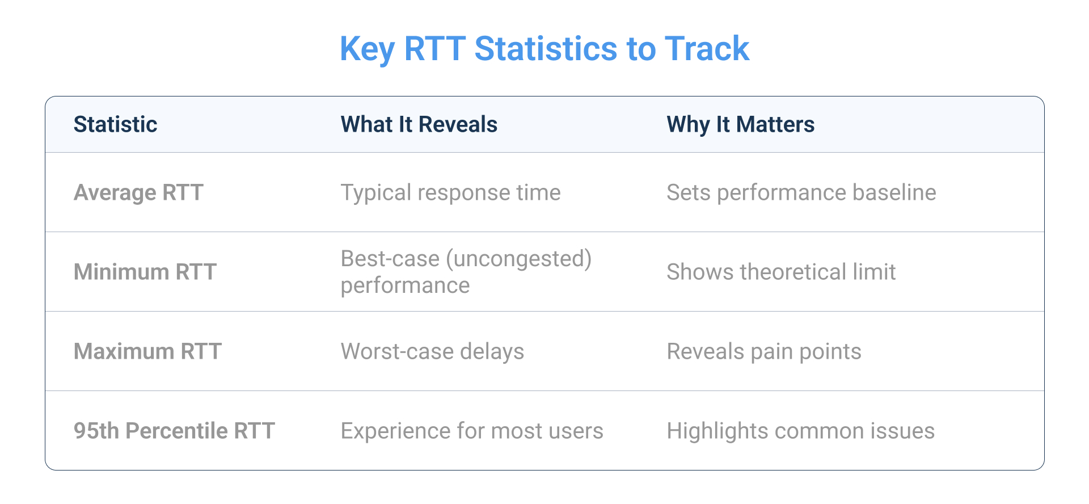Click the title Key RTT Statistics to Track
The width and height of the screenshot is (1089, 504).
point(544,49)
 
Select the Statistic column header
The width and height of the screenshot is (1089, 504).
point(115,124)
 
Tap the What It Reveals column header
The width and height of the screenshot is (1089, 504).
point(419,124)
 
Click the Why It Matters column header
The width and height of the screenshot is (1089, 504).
point(740,124)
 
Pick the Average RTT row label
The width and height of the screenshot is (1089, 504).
point(138,192)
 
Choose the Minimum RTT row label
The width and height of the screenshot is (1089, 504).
point(145,272)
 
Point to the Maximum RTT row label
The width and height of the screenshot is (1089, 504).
point(147,351)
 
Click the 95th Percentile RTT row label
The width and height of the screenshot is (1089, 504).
point(174,431)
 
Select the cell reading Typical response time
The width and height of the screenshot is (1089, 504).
point(450,192)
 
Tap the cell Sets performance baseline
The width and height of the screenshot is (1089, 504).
point(801,192)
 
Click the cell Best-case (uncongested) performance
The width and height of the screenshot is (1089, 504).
point(465,272)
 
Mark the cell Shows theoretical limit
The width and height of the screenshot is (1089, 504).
point(781,272)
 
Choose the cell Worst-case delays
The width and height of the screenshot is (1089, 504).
point(432,351)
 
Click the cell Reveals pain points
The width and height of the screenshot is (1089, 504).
point(763,351)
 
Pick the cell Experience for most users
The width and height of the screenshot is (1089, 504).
point(471,431)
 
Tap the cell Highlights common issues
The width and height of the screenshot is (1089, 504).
point(800,431)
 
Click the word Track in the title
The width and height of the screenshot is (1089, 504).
point(707,49)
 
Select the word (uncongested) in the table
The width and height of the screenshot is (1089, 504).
point(518,259)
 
